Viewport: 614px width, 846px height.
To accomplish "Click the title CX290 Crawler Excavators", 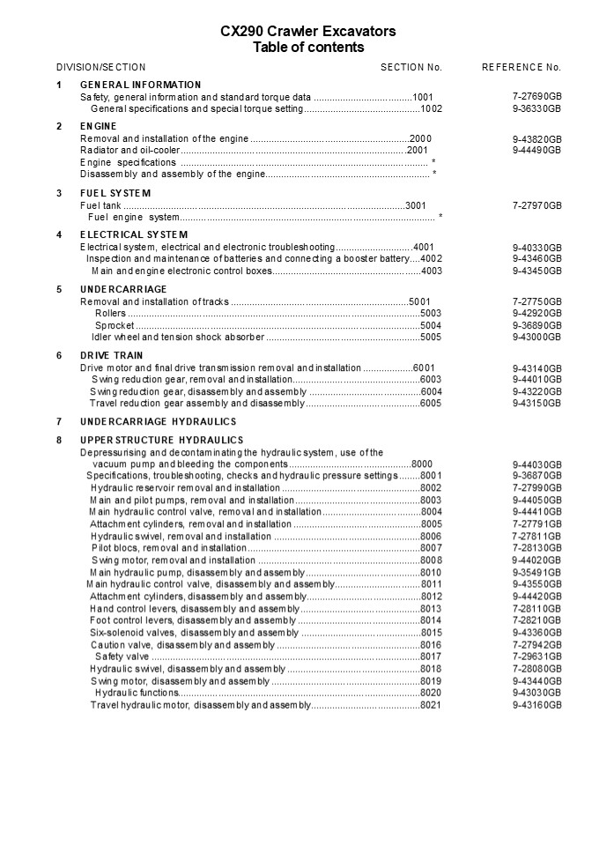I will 307,32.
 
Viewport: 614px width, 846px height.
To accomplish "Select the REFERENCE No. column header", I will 521,67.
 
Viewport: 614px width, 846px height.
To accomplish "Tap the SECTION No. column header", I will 411,67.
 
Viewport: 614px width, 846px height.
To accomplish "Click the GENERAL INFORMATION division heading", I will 141,85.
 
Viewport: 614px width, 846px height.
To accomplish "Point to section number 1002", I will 431,108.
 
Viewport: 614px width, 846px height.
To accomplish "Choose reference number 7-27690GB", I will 536,97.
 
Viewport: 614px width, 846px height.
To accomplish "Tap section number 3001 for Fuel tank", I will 416,205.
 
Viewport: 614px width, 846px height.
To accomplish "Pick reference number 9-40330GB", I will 536,248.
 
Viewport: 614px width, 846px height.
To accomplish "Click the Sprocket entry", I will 115,325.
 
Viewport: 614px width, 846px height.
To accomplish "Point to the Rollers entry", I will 110,313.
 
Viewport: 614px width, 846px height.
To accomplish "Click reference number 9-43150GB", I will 536,404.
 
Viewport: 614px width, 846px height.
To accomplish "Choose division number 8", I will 59,440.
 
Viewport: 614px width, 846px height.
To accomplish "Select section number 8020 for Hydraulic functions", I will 431,693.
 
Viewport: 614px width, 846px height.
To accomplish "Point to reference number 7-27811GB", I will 536,536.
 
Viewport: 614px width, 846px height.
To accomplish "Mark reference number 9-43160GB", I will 536,705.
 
